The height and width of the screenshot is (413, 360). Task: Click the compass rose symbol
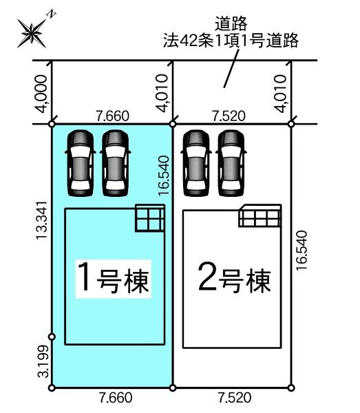point(32,34)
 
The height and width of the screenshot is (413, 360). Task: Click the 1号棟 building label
point(114,279)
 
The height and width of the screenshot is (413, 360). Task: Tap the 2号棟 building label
point(234,279)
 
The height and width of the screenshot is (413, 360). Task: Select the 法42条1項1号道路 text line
point(231,41)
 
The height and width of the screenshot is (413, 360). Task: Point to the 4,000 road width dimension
point(41,94)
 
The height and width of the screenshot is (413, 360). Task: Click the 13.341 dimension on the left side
point(41,220)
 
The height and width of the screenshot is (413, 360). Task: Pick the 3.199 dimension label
point(43,361)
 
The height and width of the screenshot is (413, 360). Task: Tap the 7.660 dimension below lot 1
point(116,397)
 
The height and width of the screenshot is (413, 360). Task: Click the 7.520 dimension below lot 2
point(235,397)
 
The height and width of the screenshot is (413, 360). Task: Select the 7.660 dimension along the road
point(113,116)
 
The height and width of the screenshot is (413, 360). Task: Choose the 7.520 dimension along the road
point(229,116)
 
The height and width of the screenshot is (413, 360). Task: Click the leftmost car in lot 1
point(81,163)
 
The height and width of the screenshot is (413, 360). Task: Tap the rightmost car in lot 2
point(231,163)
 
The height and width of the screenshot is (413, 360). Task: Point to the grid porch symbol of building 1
point(150,218)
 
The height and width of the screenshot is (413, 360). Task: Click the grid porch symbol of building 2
point(260,215)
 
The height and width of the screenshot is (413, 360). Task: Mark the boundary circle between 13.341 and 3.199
point(52,337)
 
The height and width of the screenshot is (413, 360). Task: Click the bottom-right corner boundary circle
point(291,388)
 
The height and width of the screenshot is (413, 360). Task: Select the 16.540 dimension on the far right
point(301,251)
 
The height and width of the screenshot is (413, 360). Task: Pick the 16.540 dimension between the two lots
point(163,176)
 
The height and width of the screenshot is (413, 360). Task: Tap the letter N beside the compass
point(52,14)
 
